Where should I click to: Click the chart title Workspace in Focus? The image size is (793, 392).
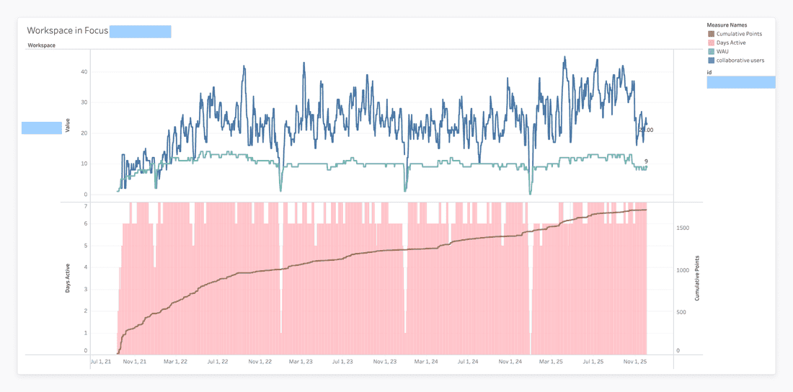pyautogui.click(x=67, y=31)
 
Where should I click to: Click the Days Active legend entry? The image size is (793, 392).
pyautogui.click(x=732, y=43)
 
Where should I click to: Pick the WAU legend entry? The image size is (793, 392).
pyautogui.click(x=723, y=51)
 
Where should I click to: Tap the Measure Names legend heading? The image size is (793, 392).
pyautogui.click(x=727, y=25)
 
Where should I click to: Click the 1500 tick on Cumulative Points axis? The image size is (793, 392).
pyautogui.click(x=682, y=228)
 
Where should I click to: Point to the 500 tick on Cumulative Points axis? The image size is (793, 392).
pyautogui.click(x=681, y=313)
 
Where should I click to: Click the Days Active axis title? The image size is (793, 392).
pyautogui.click(x=67, y=278)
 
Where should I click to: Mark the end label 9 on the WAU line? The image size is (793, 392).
pyautogui.click(x=646, y=161)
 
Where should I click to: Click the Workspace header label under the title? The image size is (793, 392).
pyautogui.click(x=41, y=45)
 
